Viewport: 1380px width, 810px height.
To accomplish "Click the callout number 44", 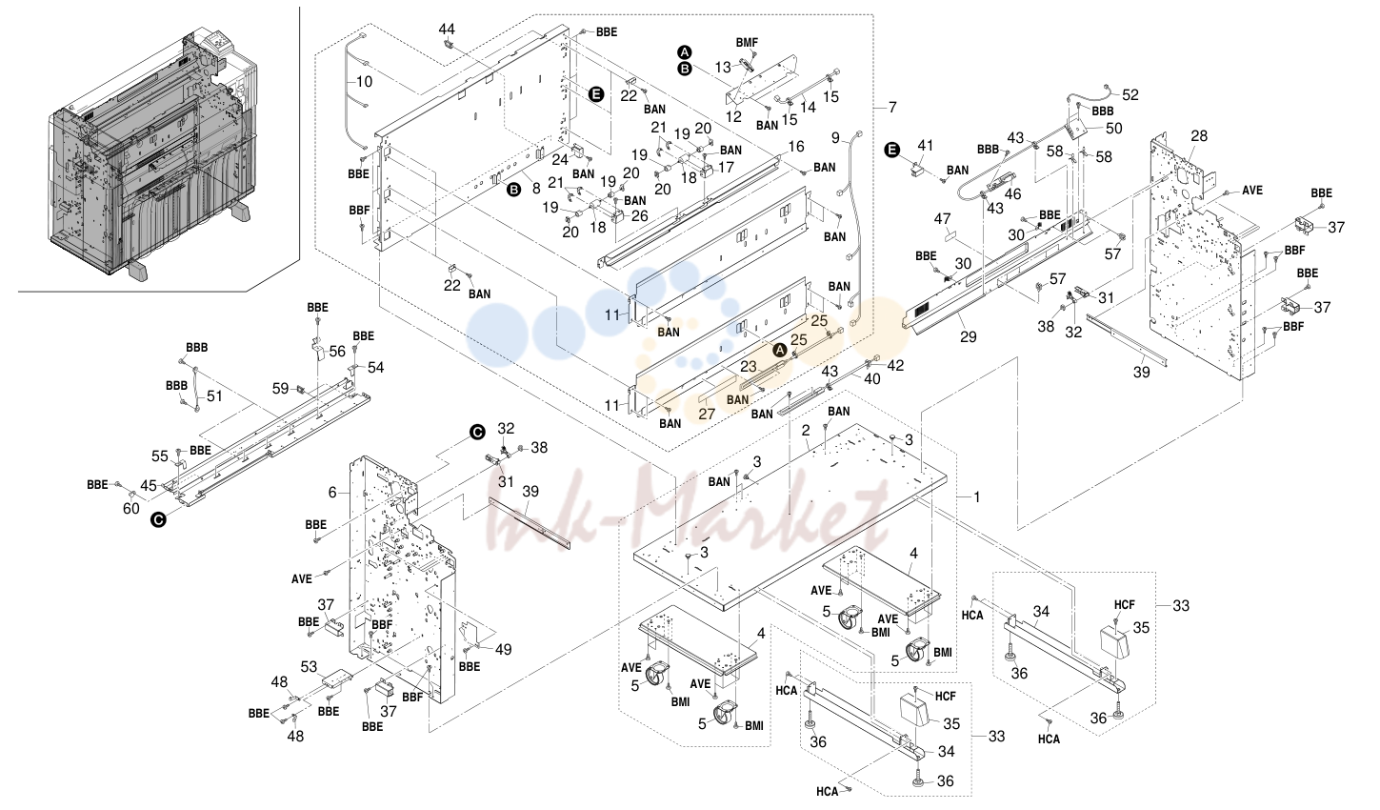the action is coord(447,29).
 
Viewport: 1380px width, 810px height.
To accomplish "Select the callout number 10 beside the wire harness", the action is coord(364,81).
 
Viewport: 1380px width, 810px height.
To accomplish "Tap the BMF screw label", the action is coord(747,43).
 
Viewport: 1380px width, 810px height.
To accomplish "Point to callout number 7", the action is coord(892,108).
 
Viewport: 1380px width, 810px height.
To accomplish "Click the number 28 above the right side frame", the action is coord(1199,135).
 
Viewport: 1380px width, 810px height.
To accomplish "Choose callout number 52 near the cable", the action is coord(1130,95).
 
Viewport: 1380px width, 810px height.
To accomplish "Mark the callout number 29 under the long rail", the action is coord(968,336).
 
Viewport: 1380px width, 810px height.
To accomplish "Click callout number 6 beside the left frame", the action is coord(332,492).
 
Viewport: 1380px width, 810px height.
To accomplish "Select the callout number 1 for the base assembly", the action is coord(976,496).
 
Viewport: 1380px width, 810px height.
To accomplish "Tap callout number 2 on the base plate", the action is coord(805,431).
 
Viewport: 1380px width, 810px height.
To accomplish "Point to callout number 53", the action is coord(309,666).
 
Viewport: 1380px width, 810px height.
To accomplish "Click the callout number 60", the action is coord(130,509).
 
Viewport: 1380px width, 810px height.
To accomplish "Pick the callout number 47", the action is coord(942,219).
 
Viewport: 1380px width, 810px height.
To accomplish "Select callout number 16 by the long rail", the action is coord(796,146).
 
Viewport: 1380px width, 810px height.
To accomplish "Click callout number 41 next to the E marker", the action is coord(926,146).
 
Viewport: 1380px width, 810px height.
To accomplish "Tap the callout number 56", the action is coord(337,352).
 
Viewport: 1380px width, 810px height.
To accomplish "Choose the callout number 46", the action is coord(1012,193).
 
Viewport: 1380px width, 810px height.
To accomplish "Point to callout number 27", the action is coord(707,413).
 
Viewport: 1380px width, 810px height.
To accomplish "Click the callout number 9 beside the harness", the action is coord(835,137).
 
